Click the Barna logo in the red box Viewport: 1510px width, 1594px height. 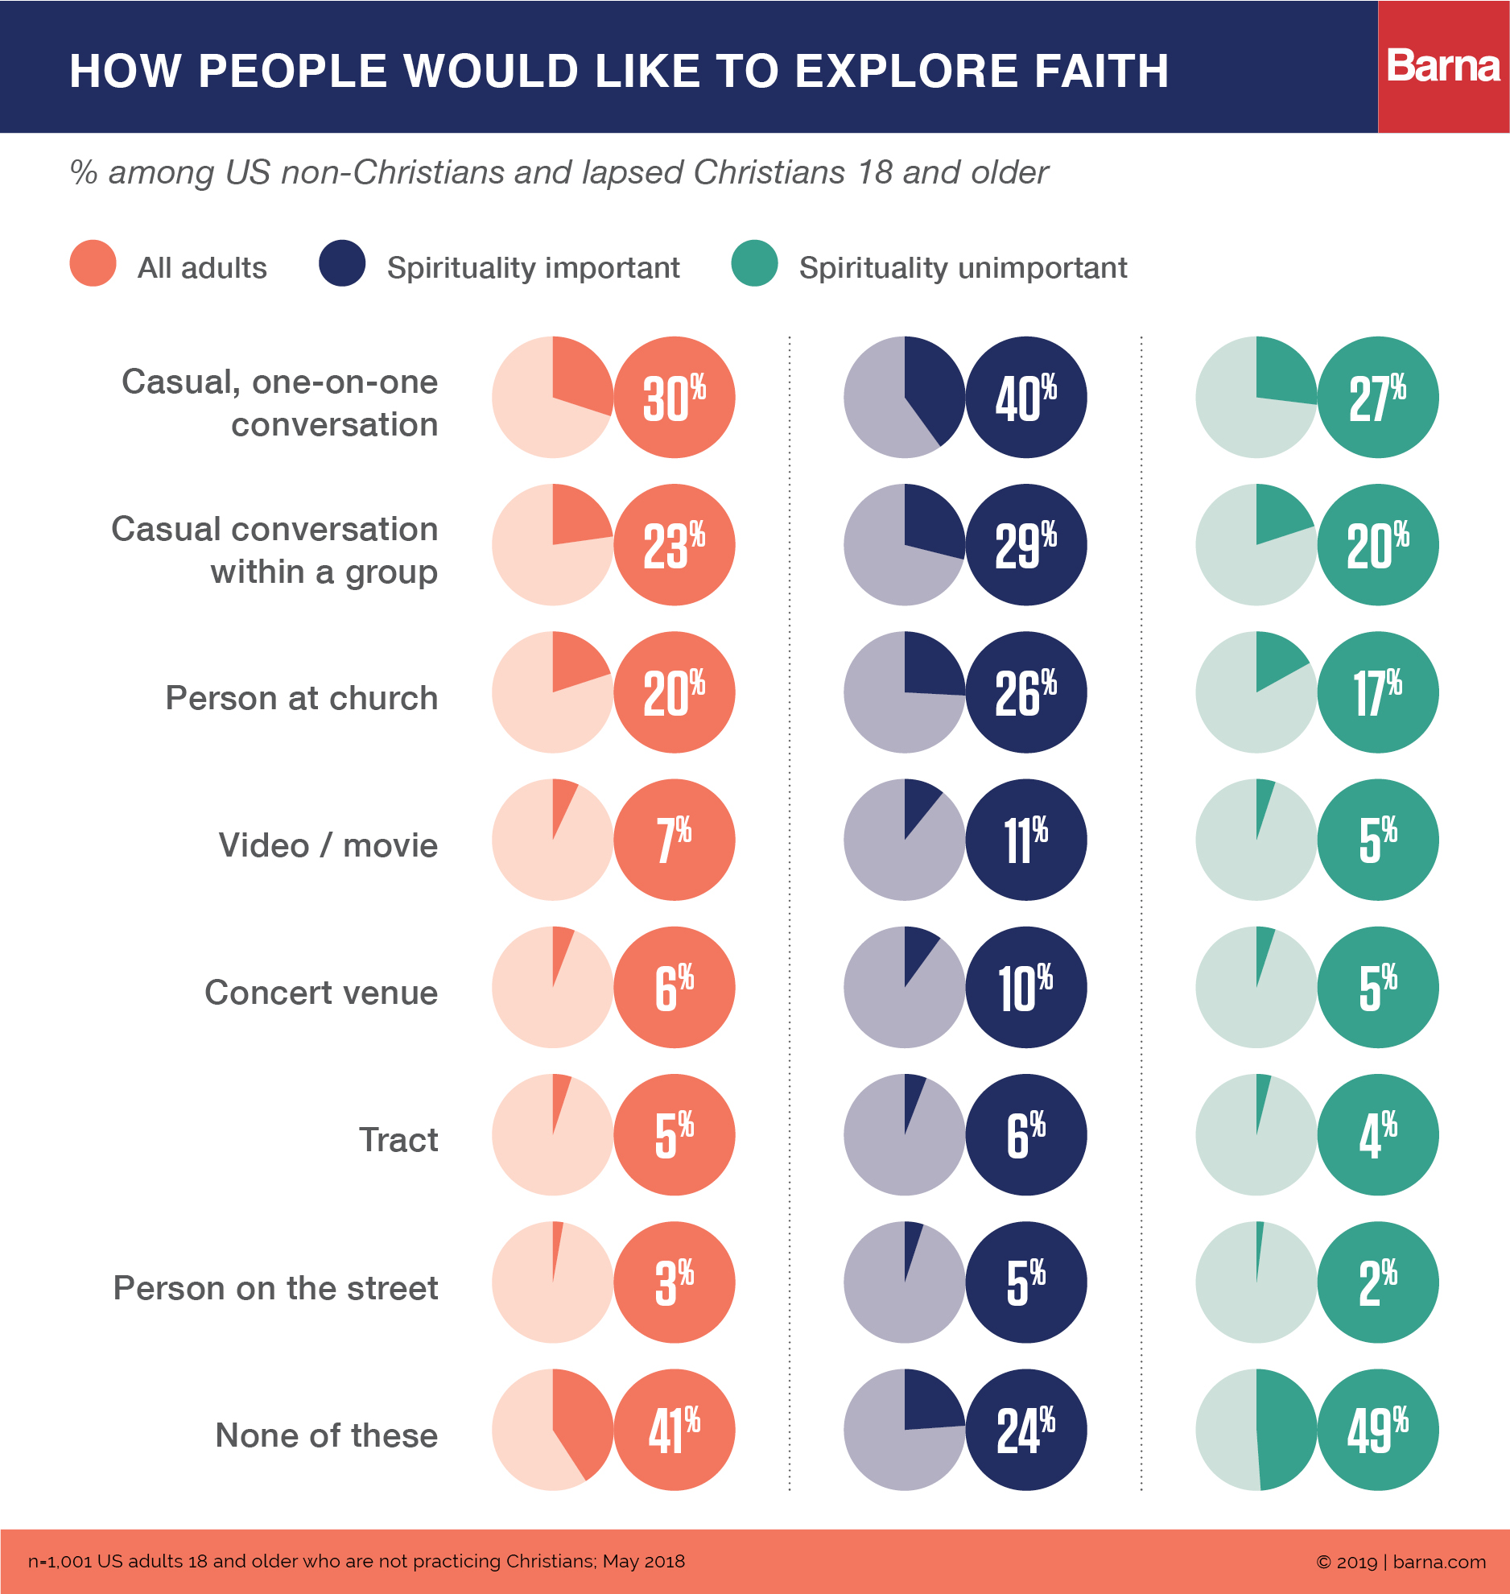1443,66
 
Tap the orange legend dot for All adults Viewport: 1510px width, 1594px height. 93,263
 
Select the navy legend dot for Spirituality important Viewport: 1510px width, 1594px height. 342,263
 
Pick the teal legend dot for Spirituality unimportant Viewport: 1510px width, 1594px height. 754,263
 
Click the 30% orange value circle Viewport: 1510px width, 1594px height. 675,397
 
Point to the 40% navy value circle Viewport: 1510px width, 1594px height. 1026,397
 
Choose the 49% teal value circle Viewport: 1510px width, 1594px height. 1378,1430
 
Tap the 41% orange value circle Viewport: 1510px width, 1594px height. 675,1430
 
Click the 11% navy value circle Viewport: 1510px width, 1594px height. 1026,840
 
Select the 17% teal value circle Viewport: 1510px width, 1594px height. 1378,692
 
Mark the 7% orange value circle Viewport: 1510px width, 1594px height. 675,840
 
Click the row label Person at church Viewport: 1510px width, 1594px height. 302,698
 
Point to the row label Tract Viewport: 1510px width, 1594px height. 398,1140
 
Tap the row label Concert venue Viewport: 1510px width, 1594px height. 321,993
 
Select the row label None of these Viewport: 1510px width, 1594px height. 327,1435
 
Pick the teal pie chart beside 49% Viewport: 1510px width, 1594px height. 1256,1430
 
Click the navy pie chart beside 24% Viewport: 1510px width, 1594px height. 905,1430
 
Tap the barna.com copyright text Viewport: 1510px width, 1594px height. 1401,1562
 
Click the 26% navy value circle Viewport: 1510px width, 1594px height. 1026,692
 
